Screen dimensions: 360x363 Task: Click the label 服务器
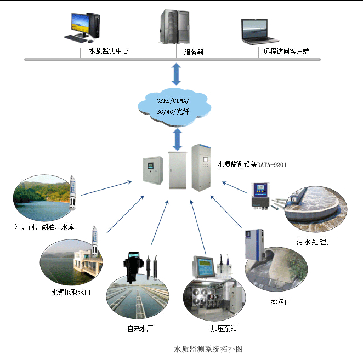194,53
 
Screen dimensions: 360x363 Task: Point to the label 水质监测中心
109,51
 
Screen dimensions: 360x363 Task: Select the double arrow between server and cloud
176,74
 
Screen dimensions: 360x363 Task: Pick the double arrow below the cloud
177,139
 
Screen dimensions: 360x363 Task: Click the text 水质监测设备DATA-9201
252,164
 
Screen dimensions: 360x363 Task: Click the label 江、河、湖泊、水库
45,226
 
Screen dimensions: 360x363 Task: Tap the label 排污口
281,302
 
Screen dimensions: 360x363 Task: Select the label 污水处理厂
315,241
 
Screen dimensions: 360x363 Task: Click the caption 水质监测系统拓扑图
208,348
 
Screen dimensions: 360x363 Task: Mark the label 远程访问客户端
287,52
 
